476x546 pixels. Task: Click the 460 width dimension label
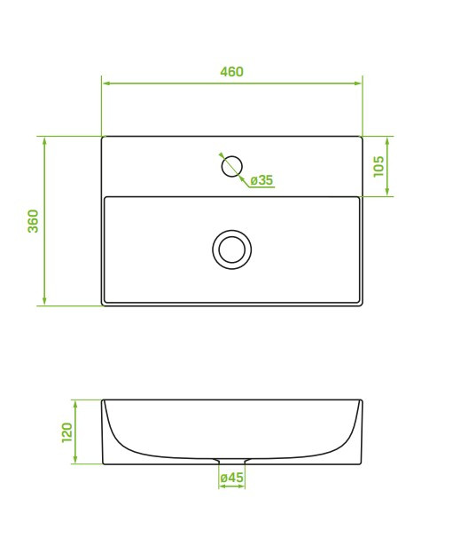tap(231, 72)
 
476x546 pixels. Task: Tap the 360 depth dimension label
tap(34, 221)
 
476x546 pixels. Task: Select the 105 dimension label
tap(378, 166)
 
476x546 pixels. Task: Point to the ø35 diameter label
tap(261, 180)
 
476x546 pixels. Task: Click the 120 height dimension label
tap(66, 432)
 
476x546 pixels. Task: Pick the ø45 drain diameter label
tap(232, 478)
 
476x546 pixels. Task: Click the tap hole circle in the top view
tap(232, 166)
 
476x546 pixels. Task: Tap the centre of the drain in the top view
tap(232, 249)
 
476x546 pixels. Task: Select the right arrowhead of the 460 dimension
tap(357, 83)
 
